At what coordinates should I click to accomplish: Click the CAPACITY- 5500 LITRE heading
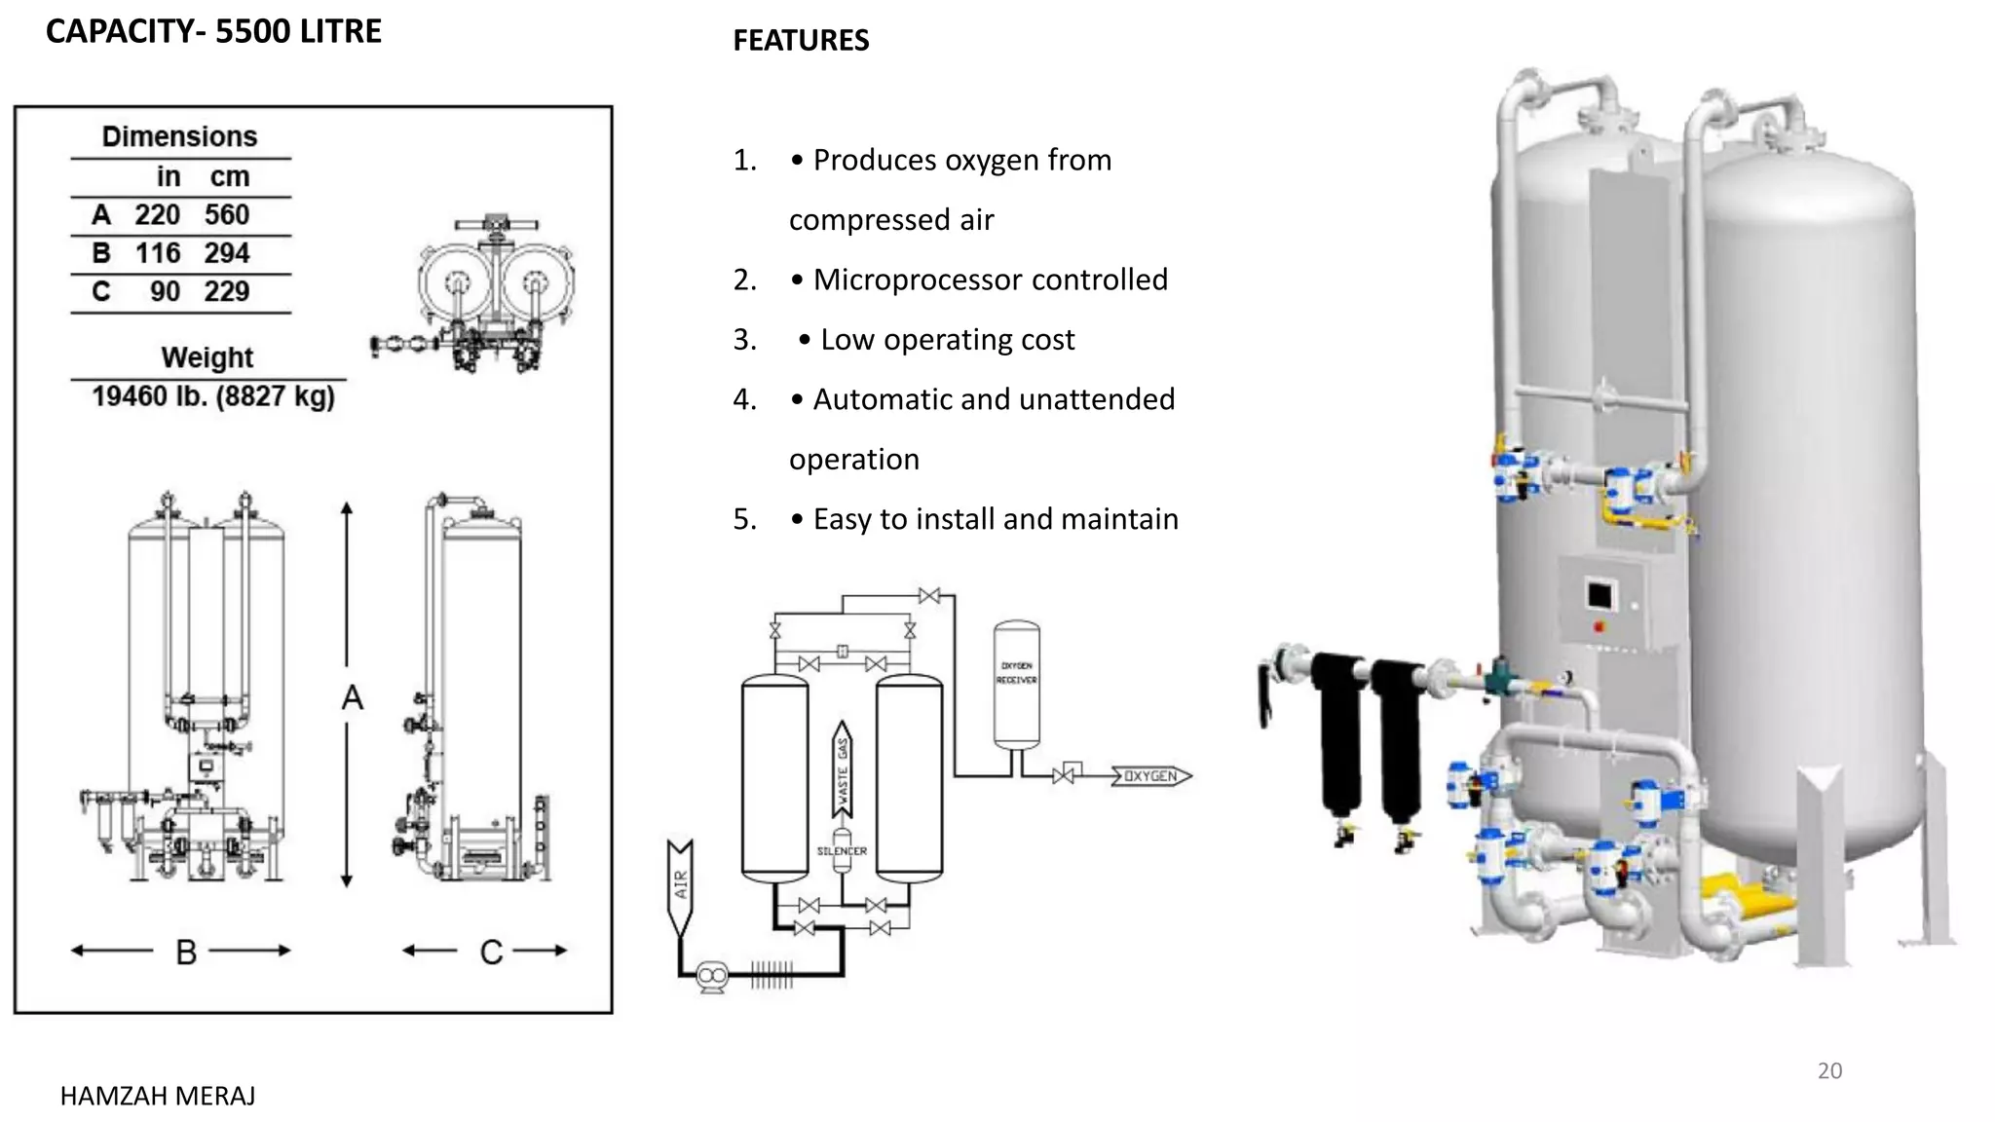213,31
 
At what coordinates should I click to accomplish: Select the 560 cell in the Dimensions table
227,214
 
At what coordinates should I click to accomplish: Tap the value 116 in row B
158,253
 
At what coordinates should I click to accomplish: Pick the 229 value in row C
227,291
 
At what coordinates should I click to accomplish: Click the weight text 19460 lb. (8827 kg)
213,396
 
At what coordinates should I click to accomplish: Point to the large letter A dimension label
353,697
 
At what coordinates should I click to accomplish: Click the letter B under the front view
186,952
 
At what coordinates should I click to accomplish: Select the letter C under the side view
491,952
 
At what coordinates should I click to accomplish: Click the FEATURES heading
801,40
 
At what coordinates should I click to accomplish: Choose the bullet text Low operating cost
947,339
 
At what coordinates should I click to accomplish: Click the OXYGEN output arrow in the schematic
1151,776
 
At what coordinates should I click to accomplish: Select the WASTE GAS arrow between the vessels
843,769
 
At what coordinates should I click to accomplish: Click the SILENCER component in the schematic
842,849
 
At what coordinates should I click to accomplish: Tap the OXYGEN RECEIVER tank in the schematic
1016,684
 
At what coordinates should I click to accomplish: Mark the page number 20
1829,1070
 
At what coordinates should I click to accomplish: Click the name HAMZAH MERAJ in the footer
158,1096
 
